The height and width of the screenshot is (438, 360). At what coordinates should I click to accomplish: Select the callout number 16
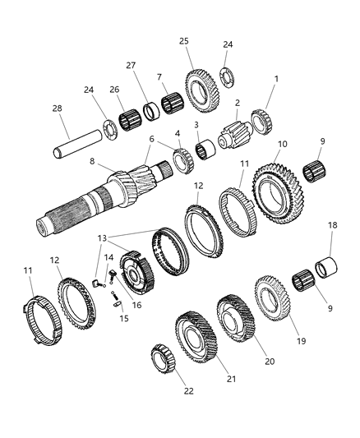[x=136, y=303]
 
